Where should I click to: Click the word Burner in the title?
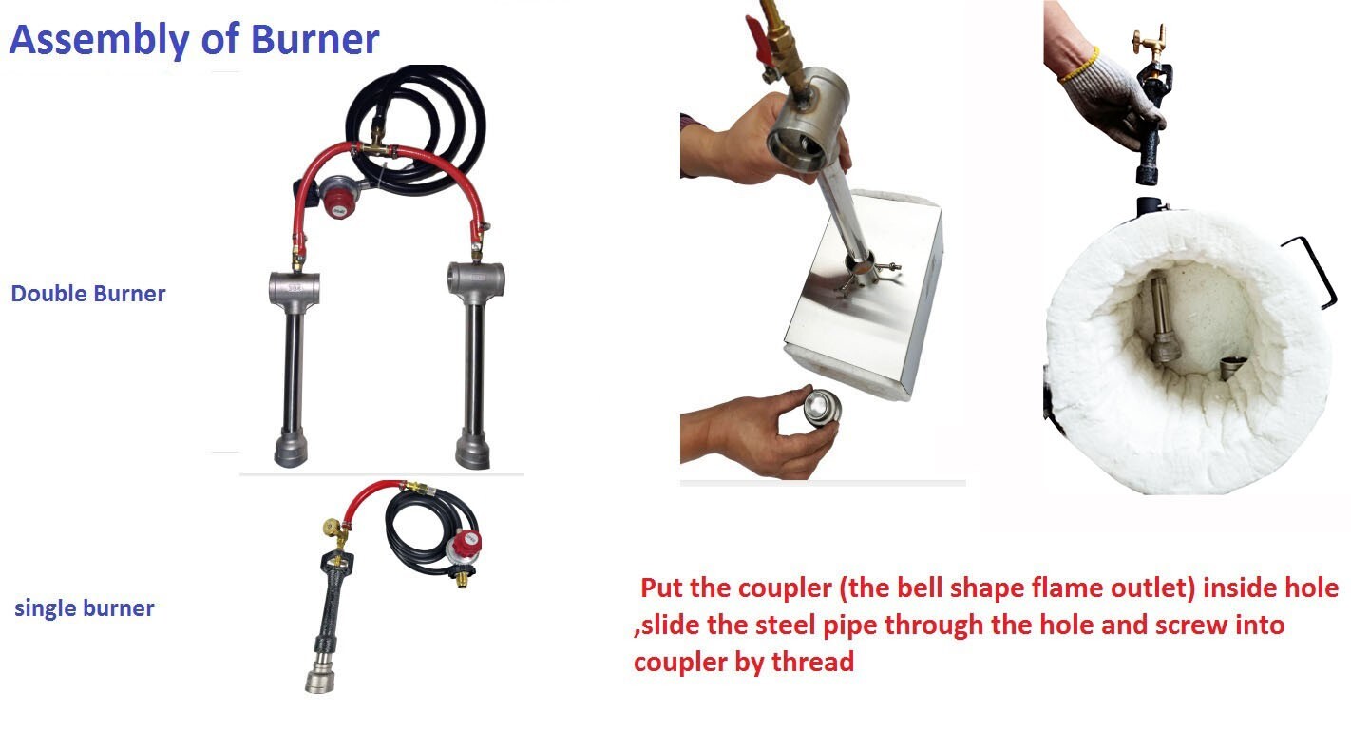coord(316,40)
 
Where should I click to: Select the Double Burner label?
coord(87,294)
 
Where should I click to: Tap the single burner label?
coord(84,608)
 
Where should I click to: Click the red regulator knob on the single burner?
coord(467,545)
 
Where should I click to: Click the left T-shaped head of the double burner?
coord(294,285)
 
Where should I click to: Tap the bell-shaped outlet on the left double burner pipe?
coord(292,450)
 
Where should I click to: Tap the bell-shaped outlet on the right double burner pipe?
coord(472,448)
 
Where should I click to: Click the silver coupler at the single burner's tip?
coord(320,674)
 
